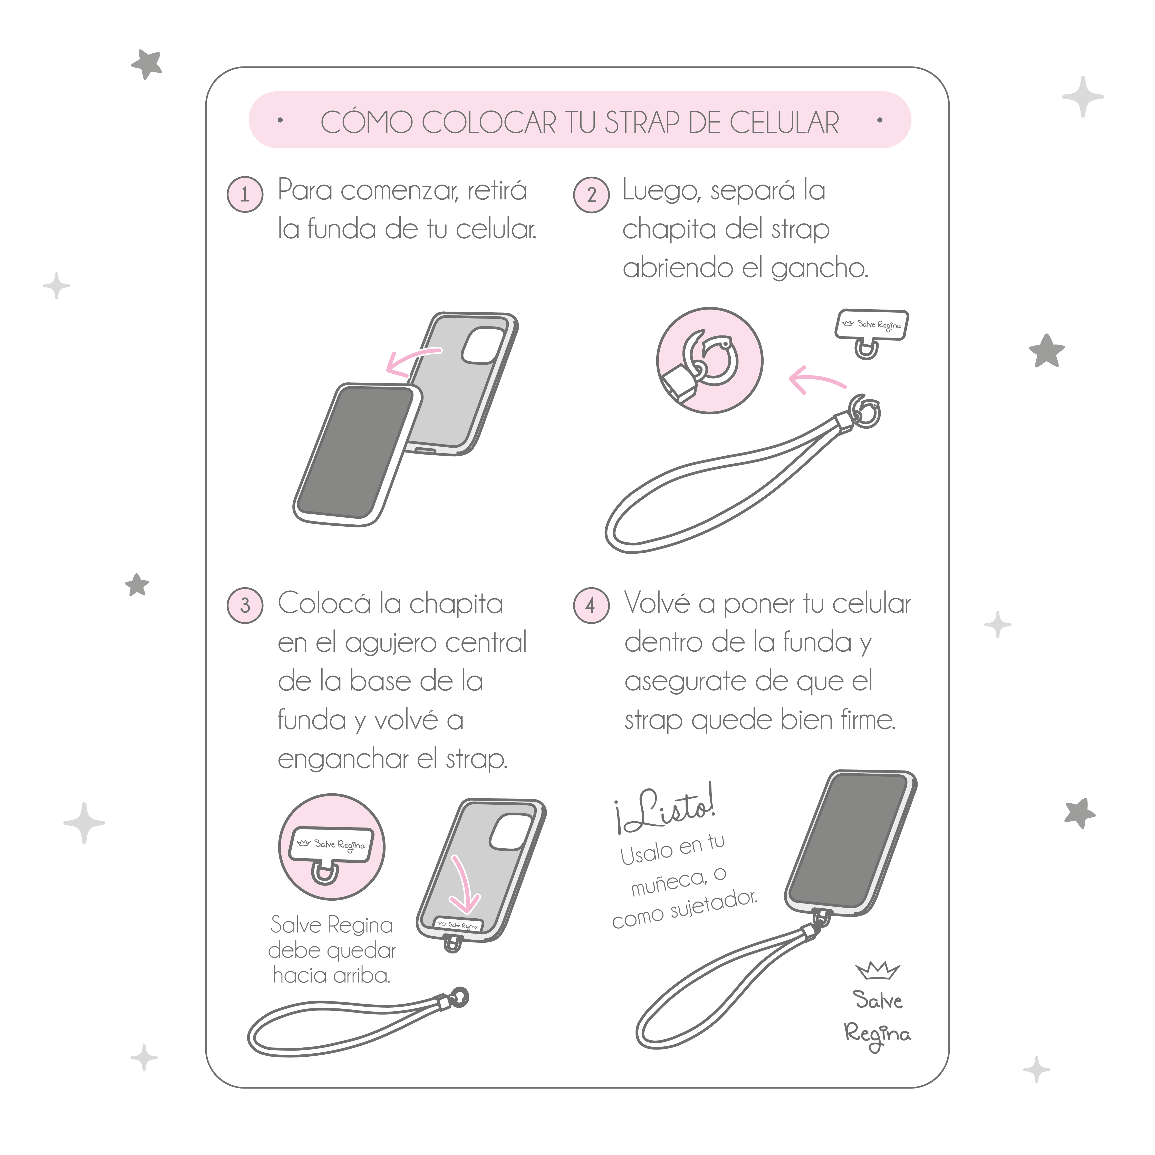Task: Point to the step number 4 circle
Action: point(591,605)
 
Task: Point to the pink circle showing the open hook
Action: point(710,361)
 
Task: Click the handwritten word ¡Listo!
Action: point(665,808)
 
